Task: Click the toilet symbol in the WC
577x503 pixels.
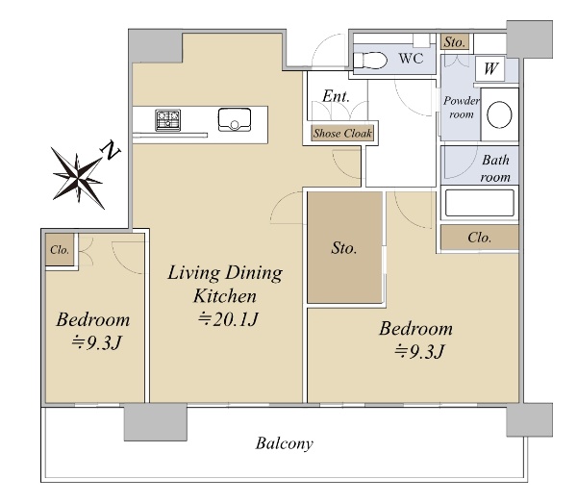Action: point(370,60)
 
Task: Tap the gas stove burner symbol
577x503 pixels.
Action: point(167,120)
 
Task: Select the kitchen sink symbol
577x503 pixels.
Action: point(235,119)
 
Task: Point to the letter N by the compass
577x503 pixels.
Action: point(110,150)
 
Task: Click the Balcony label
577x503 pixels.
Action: point(285,443)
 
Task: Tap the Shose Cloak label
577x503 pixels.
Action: point(342,133)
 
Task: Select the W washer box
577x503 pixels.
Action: point(489,69)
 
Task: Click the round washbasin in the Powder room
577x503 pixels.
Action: point(499,114)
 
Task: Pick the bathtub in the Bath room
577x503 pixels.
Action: point(480,203)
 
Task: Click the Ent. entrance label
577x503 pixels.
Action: point(336,96)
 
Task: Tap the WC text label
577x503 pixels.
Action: point(411,58)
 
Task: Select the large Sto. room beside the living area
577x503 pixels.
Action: point(345,247)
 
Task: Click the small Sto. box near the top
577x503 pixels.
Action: point(455,42)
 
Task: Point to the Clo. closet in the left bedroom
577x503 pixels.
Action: point(60,250)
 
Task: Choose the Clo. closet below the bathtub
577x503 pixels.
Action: point(480,238)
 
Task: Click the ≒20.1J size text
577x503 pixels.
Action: point(228,319)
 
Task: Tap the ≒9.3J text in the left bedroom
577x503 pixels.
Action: point(96,343)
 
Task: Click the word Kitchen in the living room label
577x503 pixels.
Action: point(225,296)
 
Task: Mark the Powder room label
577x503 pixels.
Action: point(462,107)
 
